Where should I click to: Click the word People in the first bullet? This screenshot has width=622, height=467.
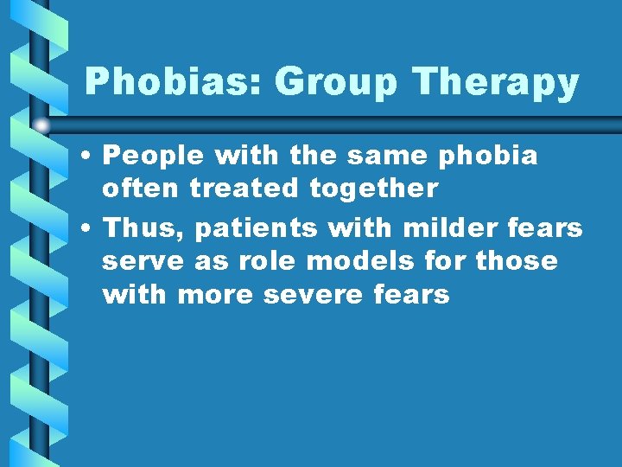pyautogui.click(x=152, y=157)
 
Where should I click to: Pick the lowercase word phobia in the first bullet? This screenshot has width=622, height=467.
pyautogui.click(x=488, y=157)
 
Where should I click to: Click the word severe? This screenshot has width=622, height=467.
pyautogui.click(x=314, y=295)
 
